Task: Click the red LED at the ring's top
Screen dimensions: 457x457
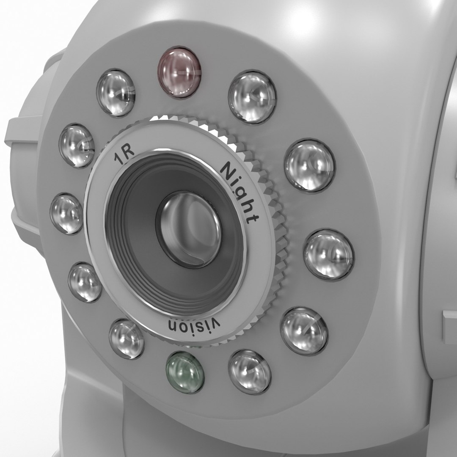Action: click(x=179, y=72)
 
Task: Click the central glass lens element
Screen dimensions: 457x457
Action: click(x=189, y=228)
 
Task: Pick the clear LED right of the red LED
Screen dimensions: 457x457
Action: click(x=252, y=97)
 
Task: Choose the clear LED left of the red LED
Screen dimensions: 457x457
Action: click(x=116, y=93)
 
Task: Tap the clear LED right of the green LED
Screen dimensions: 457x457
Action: click(x=250, y=372)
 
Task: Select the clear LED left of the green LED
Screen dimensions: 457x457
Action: click(x=127, y=339)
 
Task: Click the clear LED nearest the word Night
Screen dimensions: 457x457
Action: click(x=309, y=165)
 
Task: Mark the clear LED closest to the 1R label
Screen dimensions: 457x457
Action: click(x=77, y=145)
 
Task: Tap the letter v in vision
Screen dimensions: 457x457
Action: click(x=216, y=324)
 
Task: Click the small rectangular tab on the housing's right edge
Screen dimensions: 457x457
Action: click(x=449, y=326)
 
